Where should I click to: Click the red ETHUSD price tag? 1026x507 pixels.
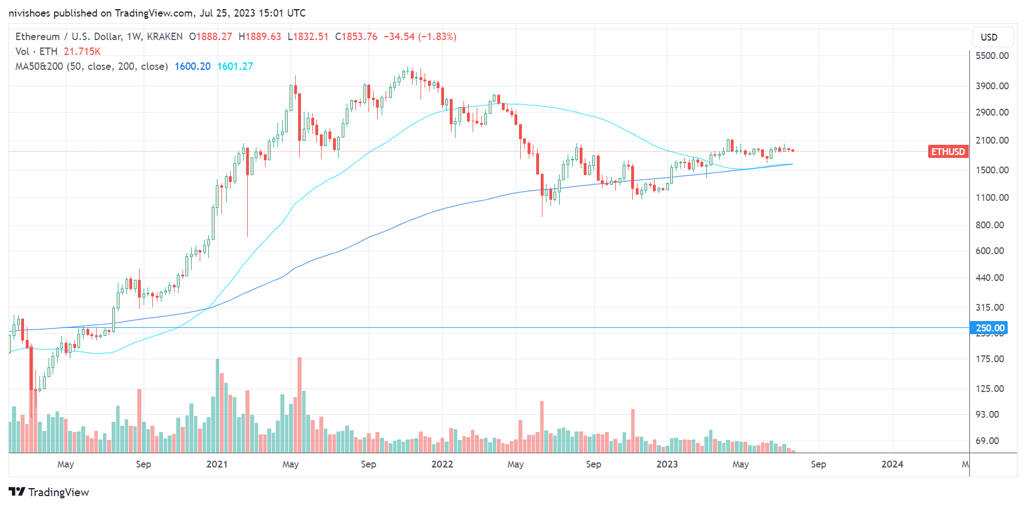[x=948, y=152]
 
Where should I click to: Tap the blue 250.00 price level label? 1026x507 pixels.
[x=989, y=328]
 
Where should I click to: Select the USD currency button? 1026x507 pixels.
[x=989, y=37]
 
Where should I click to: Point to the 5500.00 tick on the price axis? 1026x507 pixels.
[x=992, y=56]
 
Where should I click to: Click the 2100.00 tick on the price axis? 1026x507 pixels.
[x=992, y=140]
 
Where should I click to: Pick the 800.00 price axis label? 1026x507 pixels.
[x=989, y=225]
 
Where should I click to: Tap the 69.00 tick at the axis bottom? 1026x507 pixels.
[x=987, y=441]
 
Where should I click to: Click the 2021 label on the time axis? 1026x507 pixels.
[x=217, y=464]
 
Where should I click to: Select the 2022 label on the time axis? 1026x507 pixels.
[x=442, y=464]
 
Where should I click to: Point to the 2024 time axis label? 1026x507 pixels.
[x=892, y=464]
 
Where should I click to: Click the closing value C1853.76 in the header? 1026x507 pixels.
[x=356, y=37]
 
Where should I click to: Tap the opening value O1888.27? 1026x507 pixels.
[x=211, y=37]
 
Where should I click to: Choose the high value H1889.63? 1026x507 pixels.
[x=260, y=37]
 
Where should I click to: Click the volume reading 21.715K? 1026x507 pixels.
[x=82, y=52]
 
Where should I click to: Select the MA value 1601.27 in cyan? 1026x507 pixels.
[x=235, y=66]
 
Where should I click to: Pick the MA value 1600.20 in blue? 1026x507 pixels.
[x=192, y=66]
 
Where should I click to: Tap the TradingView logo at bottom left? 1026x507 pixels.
[x=49, y=492]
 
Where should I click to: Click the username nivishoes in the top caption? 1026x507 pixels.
[x=29, y=13]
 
